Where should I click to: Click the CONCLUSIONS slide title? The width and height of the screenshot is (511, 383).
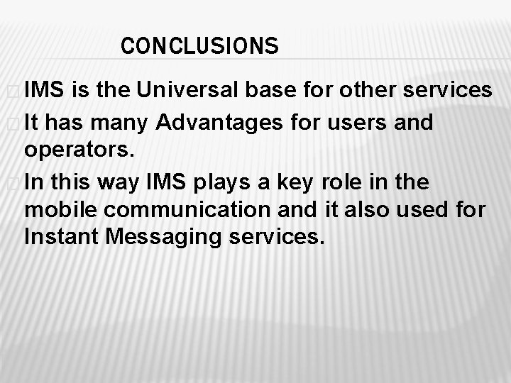pyautogui.click(x=199, y=46)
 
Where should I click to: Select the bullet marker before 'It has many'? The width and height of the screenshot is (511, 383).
pyautogui.click(x=13, y=123)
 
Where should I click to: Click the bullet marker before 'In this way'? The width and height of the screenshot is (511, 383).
pyautogui.click(x=13, y=183)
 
